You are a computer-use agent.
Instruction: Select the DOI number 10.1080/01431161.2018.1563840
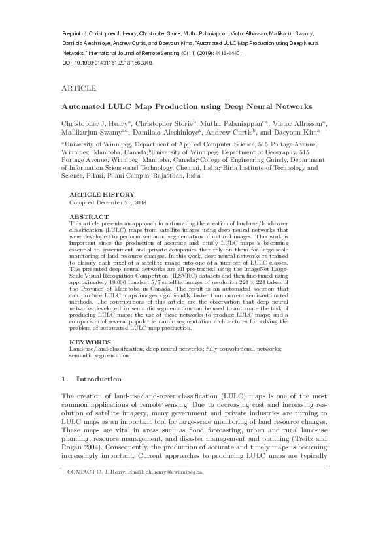[116, 63]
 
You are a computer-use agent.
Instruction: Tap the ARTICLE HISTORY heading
[102, 195]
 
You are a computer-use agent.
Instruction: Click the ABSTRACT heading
[90, 216]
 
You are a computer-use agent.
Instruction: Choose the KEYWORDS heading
[91, 342]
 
